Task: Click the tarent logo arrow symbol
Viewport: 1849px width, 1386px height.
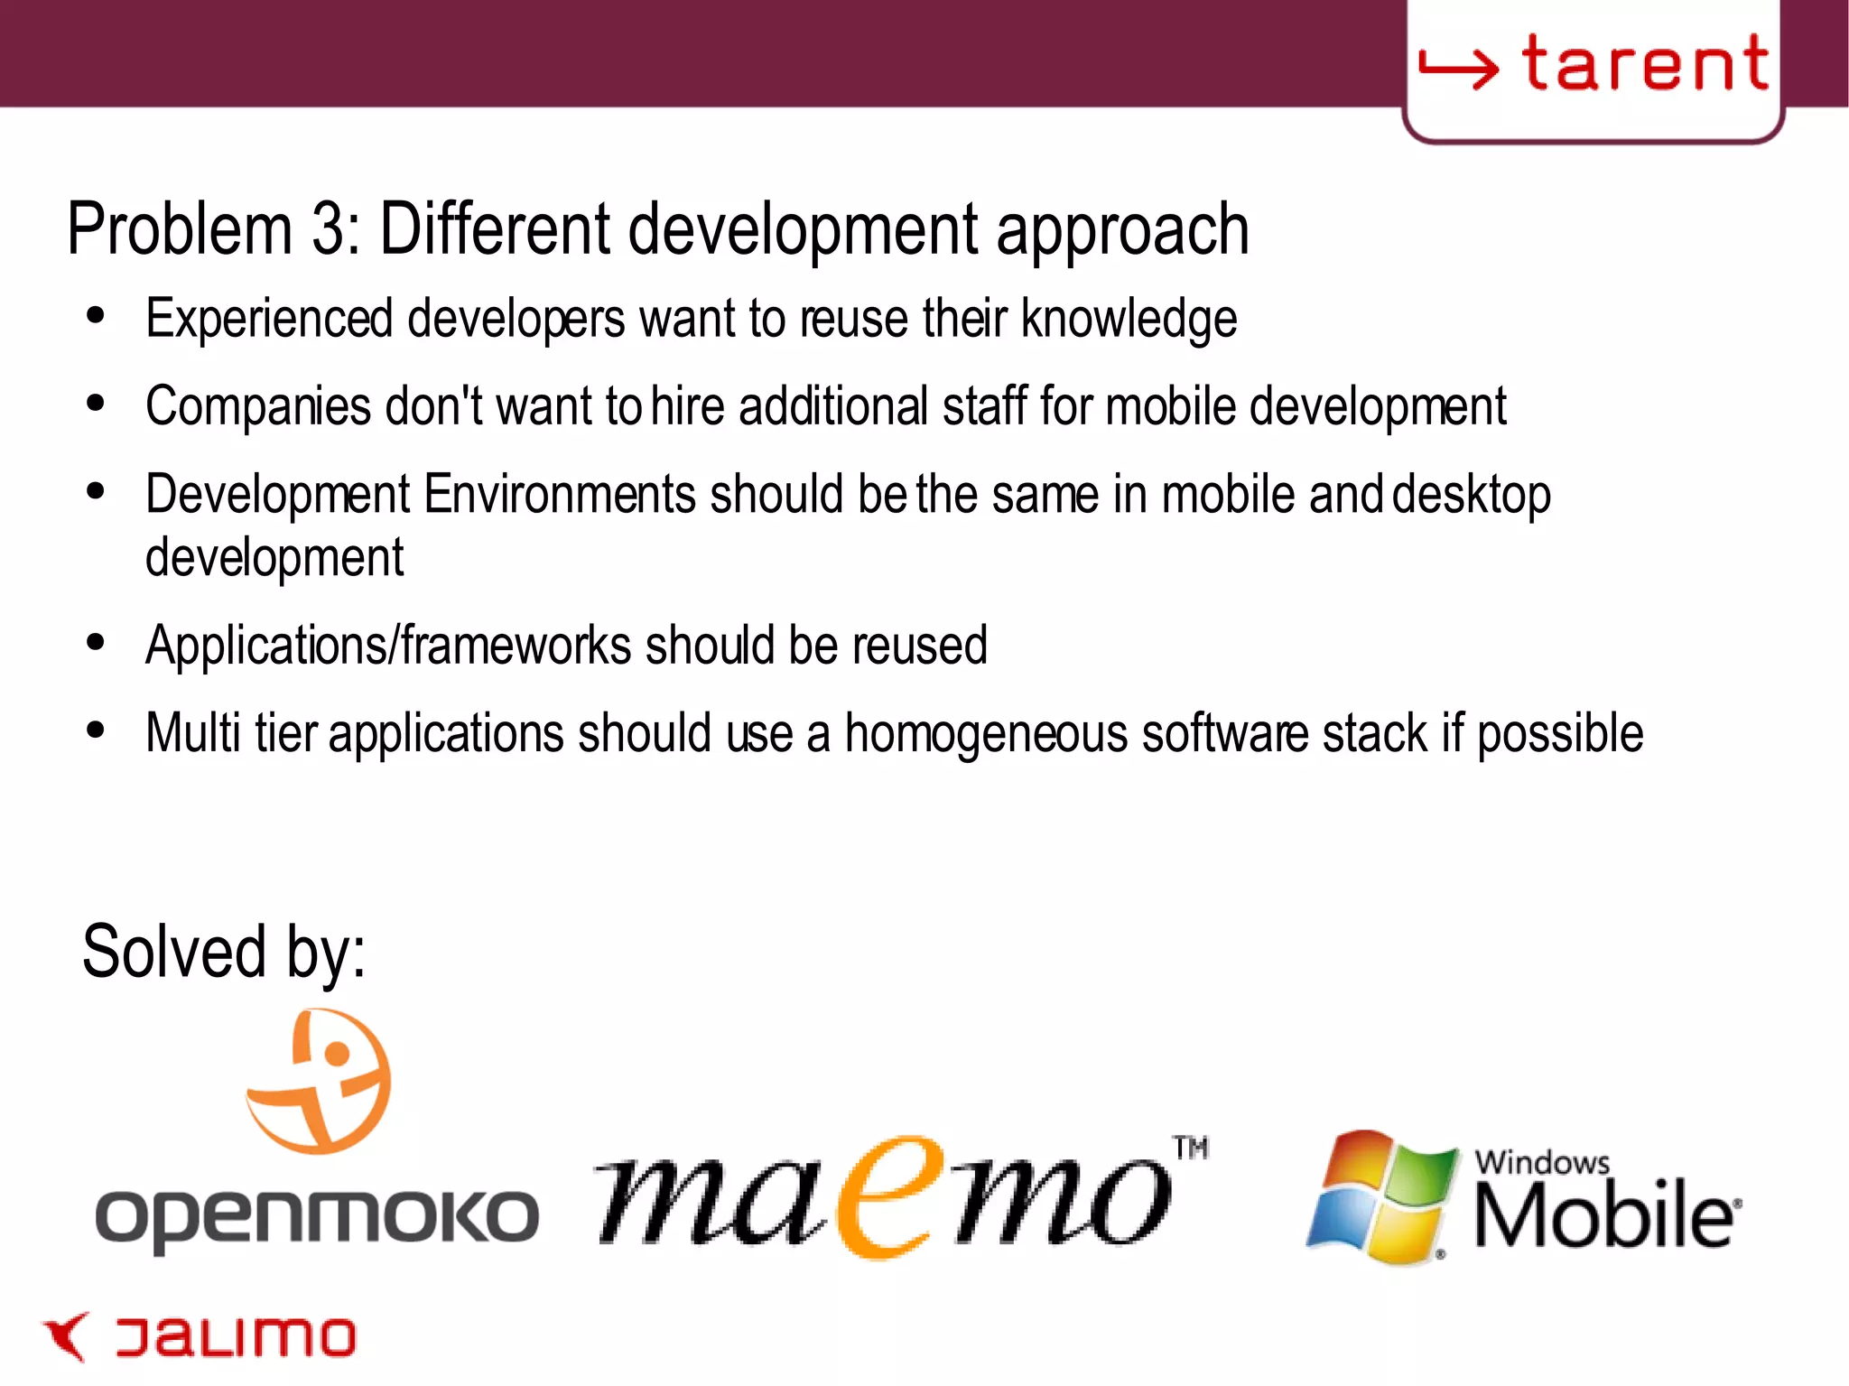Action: [x=1457, y=68]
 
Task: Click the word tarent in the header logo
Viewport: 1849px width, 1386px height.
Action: [x=1645, y=65]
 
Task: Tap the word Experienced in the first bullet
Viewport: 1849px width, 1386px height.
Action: [x=269, y=319]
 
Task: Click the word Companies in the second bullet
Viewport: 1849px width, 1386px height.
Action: [x=257, y=406]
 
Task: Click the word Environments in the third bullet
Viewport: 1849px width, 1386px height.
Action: [x=559, y=495]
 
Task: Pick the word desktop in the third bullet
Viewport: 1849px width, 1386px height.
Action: [x=1471, y=495]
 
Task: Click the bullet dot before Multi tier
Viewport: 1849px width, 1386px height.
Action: [x=96, y=730]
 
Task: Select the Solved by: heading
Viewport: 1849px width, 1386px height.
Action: [x=224, y=952]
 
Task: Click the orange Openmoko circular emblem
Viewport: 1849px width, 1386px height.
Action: [x=320, y=1081]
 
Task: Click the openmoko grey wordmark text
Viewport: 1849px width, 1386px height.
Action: [x=317, y=1218]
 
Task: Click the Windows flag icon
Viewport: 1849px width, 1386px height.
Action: [x=1381, y=1197]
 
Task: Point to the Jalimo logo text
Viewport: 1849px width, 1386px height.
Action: [x=236, y=1337]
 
